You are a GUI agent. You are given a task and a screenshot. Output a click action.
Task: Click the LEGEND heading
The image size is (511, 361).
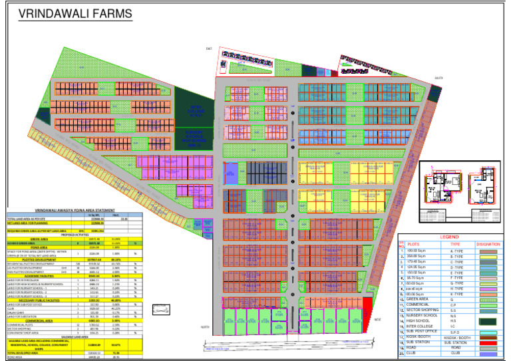tap(449, 237)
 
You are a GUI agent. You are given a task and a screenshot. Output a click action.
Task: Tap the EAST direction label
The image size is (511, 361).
tap(208, 49)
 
